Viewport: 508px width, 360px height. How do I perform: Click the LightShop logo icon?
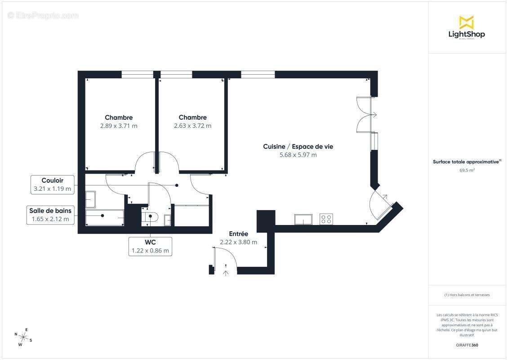pos(466,22)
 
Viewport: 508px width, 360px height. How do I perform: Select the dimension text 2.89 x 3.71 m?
pos(119,126)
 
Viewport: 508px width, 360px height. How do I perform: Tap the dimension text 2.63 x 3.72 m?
pos(192,126)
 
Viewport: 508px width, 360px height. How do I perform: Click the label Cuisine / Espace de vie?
pos(298,147)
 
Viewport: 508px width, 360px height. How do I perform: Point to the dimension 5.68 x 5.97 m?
pos(298,155)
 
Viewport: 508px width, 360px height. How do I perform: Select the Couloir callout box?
pos(53,184)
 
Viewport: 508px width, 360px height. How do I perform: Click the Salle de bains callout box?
pos(50,215)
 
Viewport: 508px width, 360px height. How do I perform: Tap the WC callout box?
pos(150,247)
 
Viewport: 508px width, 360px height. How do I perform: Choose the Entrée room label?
pos(238,234)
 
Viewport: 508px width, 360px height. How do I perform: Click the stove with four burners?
pos(326,219)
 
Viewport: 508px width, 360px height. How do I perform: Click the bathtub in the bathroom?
pos(105,217)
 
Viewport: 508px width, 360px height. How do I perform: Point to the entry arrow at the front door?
pos(226,272)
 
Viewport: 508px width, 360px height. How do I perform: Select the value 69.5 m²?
pos(467,171)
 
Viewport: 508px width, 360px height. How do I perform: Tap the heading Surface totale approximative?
pos(466,162)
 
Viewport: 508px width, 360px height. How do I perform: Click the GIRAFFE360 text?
pos(467,345)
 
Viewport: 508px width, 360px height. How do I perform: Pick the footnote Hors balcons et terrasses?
pos(467,295)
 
